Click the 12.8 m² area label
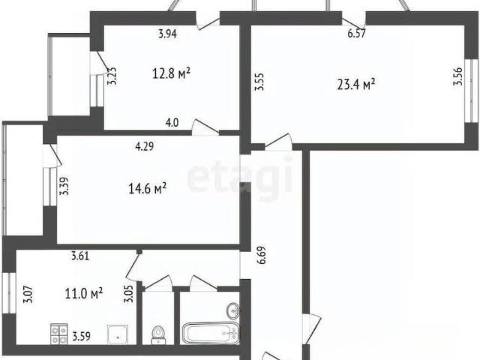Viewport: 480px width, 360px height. (172, 73)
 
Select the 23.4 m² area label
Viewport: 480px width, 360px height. (356, 84)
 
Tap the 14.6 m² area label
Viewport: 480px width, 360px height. (148, 188)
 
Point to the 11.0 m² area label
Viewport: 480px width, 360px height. (84, 293)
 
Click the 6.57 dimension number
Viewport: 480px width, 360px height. (357, 33)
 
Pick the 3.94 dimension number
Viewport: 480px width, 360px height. (167, 33)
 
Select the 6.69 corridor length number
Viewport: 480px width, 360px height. (262, 255)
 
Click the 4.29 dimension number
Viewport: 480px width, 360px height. (145, 146)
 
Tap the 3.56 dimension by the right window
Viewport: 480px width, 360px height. (457, 76)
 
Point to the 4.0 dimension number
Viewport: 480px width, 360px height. (172, 123)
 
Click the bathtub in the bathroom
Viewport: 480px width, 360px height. (210, 333)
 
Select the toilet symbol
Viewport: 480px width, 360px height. (157, 335)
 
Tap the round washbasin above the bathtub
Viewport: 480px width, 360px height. (233, 310)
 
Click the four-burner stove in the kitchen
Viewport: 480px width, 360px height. (58, 334)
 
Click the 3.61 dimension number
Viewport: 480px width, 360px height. (80, 256)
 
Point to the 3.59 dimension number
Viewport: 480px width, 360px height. (82, 337)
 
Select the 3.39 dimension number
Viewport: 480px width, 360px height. (64, 186)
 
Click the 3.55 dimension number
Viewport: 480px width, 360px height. (259, 82)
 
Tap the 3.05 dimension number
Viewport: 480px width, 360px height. (128, 293)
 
